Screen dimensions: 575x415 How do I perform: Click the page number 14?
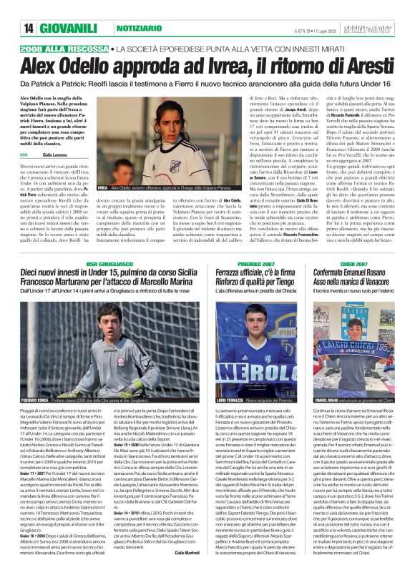click(x=28, y=28)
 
